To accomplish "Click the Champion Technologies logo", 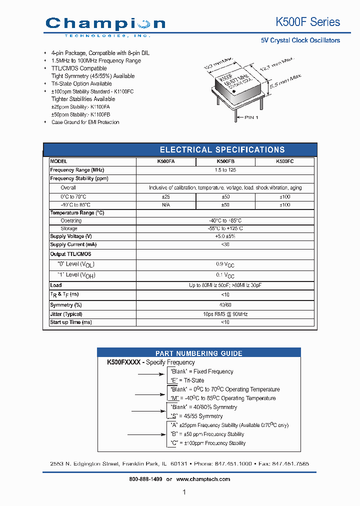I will [x=105, y=25].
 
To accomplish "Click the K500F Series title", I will [x=307, y=22].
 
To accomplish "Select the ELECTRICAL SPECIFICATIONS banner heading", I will [x=222, y=149].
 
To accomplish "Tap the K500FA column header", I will [x=166, y=162].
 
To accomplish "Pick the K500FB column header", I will [x=225, y=162].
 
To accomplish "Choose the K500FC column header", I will [x=284, y=162].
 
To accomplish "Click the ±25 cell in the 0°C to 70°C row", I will [x=166, y=197].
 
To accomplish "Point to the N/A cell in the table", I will [x=166, y=205].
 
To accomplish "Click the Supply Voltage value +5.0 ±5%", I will [x=225, y=236].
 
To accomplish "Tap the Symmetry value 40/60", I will [x=225, y=305].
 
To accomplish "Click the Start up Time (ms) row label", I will [x=71, y=322].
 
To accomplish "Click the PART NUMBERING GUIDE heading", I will [x=198, y=353].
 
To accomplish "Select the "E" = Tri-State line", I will [x=187, y=380].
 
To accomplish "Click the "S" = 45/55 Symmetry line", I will [x=196, y=416].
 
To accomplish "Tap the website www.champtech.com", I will [x=203, y=479].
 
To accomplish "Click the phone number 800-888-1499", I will [x=145, y=479].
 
